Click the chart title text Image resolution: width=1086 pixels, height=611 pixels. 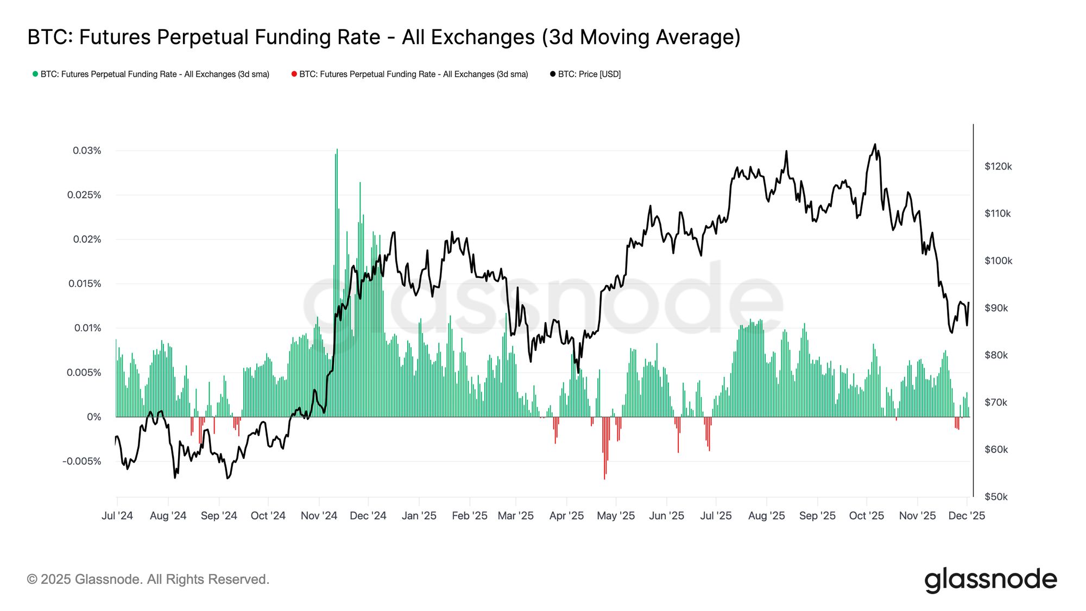pos(383,37)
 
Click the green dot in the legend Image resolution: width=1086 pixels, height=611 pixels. pos(35,74)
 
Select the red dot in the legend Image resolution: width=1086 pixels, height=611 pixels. pos(294,74)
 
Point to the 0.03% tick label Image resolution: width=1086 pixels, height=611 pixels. pos(87,150)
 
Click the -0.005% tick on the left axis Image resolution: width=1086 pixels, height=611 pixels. pos(82,461)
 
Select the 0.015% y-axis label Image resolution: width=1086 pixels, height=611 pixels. pos(85,284)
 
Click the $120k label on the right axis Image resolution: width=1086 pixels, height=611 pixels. pos(998,166)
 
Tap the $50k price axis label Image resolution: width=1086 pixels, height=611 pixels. pos(996,496)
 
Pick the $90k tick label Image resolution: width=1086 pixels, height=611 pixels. pos(996,308)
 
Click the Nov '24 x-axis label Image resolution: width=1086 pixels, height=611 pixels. pos(319,515)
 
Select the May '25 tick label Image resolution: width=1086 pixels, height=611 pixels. pos(616,515)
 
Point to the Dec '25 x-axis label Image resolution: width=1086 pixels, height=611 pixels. pos(967,515)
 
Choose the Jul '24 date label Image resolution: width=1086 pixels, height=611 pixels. pos(117,515)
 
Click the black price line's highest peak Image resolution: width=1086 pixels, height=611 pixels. pos(874,144)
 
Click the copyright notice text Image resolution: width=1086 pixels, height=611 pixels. pos(148,579)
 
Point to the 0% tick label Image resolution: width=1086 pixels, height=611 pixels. pos(94,417)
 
